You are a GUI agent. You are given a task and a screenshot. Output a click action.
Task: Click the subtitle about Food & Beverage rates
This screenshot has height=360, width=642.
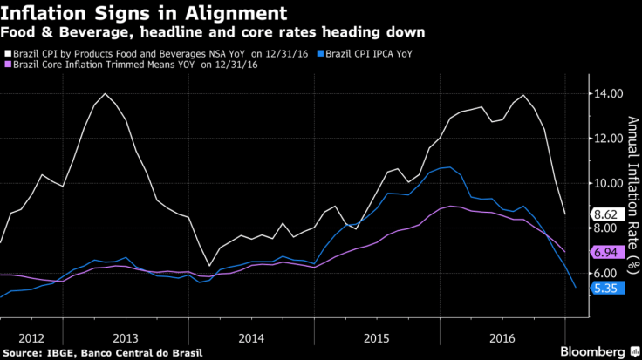click(213, 32)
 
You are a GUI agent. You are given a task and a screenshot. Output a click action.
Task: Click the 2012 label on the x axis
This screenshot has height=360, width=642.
click(31, 336)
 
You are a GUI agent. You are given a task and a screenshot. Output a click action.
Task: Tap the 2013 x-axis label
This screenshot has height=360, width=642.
click(126, 336)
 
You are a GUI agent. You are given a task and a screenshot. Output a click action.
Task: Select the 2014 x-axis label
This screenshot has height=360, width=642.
click(251, 336)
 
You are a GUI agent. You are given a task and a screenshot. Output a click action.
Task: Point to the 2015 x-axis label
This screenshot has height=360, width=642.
click(377, 336)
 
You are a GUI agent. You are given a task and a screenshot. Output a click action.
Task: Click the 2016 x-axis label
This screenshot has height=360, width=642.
click(502, 336)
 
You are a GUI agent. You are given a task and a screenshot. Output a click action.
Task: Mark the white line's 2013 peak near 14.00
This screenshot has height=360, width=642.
click(105, 93)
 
